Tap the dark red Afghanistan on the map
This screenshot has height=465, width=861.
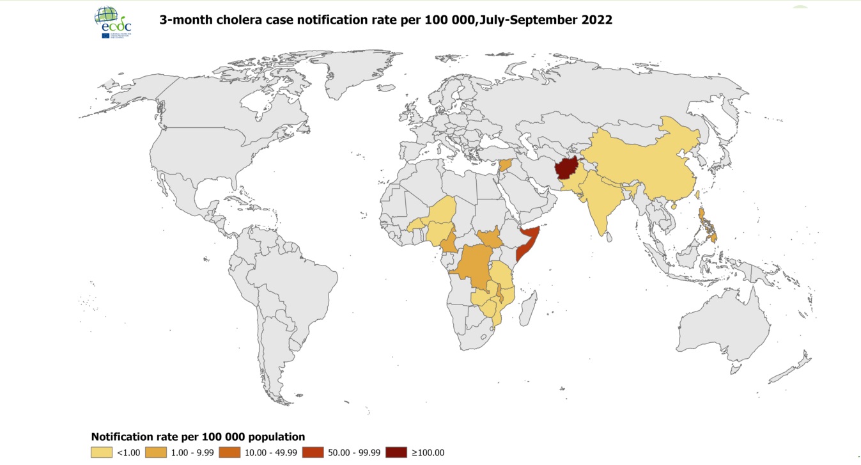pos(566,168)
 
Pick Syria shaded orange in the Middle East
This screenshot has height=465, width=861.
pos(504,165)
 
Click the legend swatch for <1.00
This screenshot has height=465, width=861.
pos(101,452)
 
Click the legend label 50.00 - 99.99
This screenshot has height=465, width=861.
pos(353,452)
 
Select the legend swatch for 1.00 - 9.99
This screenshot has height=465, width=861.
pos(156,452)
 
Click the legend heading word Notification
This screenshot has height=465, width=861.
pos(123,437)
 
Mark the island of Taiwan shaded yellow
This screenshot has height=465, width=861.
pos(698,194)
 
